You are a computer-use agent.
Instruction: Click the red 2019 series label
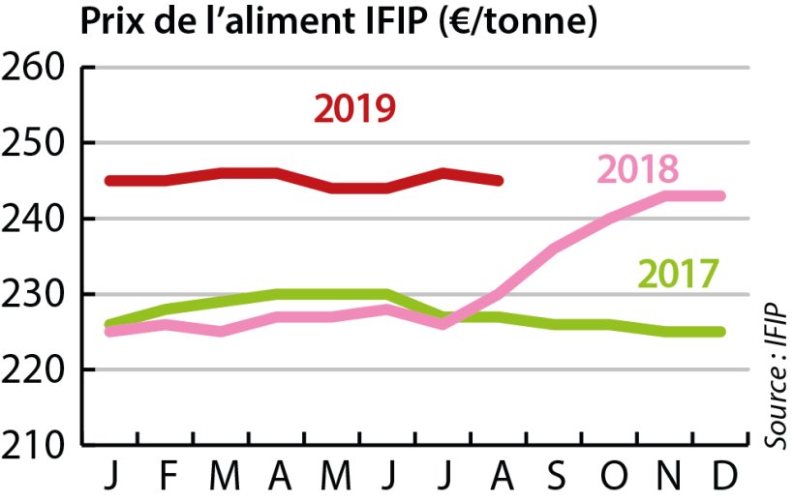pos(354,108)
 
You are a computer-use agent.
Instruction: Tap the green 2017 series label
pos(677,274)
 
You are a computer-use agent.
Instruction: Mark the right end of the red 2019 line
pos(499,180)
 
